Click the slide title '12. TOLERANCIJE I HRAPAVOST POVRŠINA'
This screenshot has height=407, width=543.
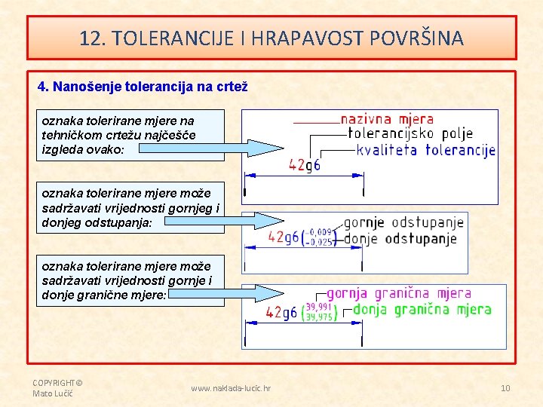tap(271, 38)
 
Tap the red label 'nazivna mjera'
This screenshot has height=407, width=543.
tap(387, 119)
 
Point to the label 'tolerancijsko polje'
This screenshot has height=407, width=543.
tap(410, 133)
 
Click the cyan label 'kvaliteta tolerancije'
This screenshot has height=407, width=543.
tap(425, 150)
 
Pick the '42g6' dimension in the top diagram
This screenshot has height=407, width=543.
tap(305, 165)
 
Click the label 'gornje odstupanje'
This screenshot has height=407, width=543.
tap(403, 223)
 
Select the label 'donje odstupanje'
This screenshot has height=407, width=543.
tap(400, 239)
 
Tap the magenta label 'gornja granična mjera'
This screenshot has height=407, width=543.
tap(399, 293)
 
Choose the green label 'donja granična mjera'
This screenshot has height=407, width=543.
tap(422, 309)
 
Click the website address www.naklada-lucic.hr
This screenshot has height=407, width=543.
tap(231, 388)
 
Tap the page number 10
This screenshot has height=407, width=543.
tap(505, 388)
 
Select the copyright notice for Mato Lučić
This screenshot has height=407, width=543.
tap(57, 387)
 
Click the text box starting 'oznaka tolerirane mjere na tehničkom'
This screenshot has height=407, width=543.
tap(130, 135)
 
